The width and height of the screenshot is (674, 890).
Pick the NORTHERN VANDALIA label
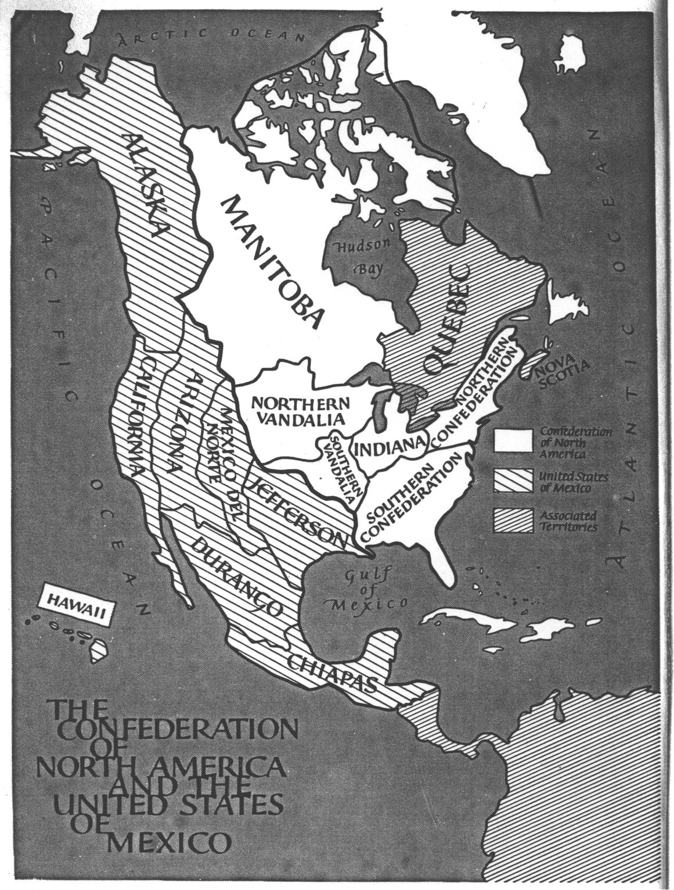point(300,411)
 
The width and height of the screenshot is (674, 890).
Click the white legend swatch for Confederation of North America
point(513,441)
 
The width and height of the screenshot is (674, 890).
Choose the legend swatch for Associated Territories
point(513,521)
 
